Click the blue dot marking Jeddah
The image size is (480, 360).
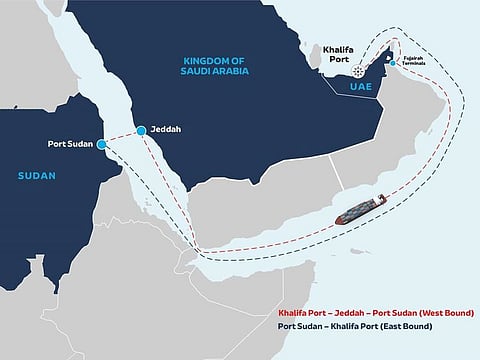click(x=142, y=130)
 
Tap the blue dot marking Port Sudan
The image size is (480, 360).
click(x=103, y=144)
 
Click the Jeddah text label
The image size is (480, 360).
click(x=167, y=130)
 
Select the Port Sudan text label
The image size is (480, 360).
click(x=70, y=144)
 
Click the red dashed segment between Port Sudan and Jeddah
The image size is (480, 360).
click(x=123, y=136)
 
